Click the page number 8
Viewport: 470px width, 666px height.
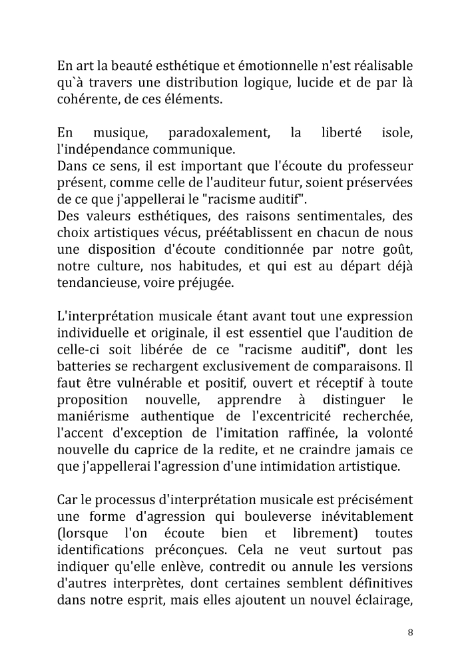[410, 633]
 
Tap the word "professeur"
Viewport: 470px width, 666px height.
[377, 165]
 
